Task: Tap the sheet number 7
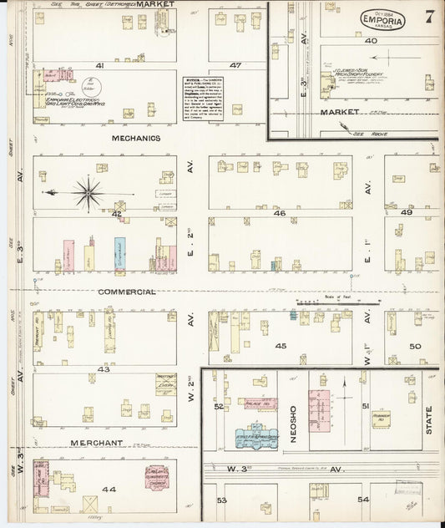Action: (x=429, y=16)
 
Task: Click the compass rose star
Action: (x=87, y=192)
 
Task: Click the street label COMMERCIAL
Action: (x=126, y=292)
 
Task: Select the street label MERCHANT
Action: (x=97, y=442)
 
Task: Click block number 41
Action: (x=99, y=65)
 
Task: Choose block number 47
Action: (x=235, y=65)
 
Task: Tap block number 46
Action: (x=280, y=213)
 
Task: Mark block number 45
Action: (x=280, y=346)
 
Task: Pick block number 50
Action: (x=415, y=346)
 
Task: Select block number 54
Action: (x=363, y=500)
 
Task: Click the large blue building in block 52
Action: (x=254, y=435)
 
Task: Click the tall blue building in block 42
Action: (x=119, y=254)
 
